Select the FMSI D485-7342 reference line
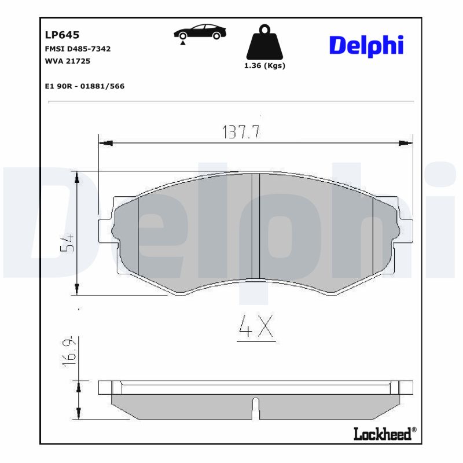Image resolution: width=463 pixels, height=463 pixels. coord(78,49)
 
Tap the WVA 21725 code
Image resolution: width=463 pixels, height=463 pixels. coord(67,61)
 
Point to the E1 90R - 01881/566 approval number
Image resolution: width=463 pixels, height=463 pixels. coord(84,86)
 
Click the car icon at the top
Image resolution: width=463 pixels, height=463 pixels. coord(200,32)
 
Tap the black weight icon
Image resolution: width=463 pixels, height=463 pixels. coord(265,42)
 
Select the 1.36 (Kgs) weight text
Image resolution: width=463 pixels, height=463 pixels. coord(265,65)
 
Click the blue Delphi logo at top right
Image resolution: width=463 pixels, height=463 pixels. coord(366,46)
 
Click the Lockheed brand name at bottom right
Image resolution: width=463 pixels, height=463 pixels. coord(384,433)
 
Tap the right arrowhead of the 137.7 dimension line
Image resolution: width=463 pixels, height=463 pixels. coord(409,142)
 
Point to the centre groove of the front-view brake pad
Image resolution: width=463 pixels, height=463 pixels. coord(255,226)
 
